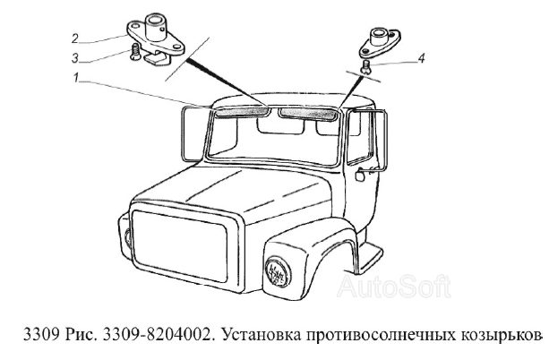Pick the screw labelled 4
coord(367,67)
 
